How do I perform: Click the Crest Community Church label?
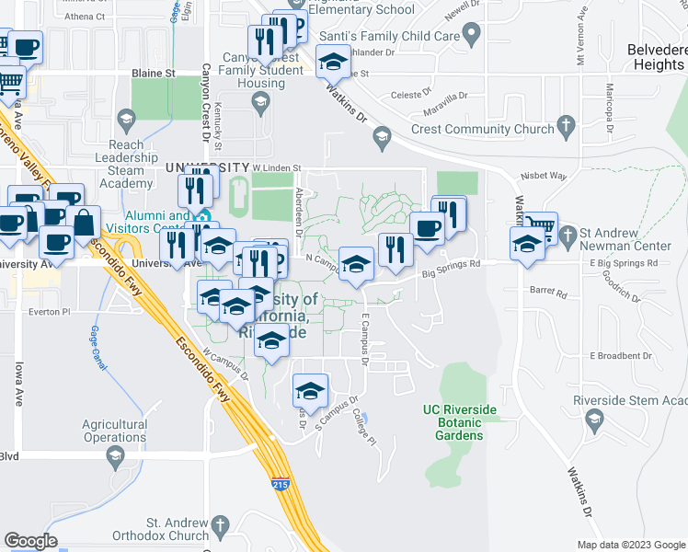click(x=482, y=130)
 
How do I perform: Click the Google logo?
click(x=31, y=541)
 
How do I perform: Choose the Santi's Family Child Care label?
click(x=389, y=36)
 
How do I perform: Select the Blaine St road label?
click(x=154, y=72)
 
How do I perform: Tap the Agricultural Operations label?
click(x=115, y=431)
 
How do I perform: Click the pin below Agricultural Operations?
click(x=115, y=456)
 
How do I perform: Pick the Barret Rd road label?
click(x=549, y=291)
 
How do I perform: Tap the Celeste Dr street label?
click(x=411, y=94)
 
